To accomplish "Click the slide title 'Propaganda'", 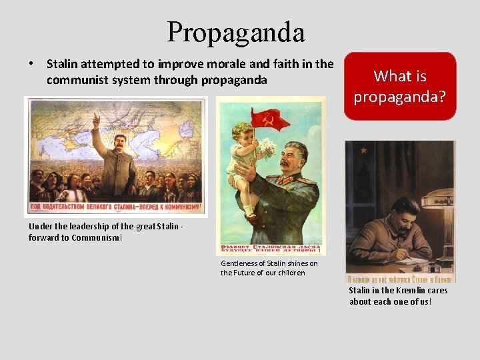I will point(236,32).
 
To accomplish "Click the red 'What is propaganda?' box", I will point(400,87).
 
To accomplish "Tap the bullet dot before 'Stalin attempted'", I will point(31,65).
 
